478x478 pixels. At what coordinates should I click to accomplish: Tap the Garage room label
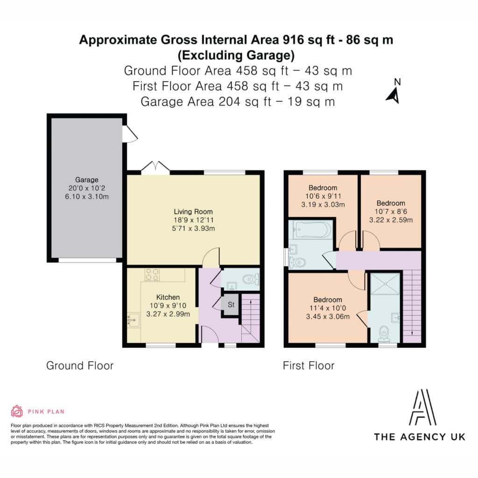[87, 180]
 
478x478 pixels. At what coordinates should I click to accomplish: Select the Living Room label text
[193, 211]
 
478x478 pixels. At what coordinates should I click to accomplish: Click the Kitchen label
[168, 297]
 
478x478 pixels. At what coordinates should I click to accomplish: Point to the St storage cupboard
[231, 304]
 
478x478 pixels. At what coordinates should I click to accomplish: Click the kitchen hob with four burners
[152, 274]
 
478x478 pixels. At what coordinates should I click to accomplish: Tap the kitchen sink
[133, 320]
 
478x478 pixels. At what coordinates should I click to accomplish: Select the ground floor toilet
[251, 279]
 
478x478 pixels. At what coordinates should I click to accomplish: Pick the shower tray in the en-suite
[385, 284]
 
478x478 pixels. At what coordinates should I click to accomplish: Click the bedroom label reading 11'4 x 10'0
[328, 308]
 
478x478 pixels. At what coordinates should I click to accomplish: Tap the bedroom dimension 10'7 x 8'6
[391, 211]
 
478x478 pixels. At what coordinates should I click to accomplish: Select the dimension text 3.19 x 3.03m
[323, 204]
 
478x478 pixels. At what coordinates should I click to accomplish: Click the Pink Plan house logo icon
[17, 411]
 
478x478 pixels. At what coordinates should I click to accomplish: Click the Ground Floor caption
[80, 366]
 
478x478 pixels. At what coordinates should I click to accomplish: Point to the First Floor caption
[309, 366]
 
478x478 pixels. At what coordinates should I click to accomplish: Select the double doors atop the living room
[155, 167]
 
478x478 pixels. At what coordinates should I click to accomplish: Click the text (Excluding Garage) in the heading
[236, 55]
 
